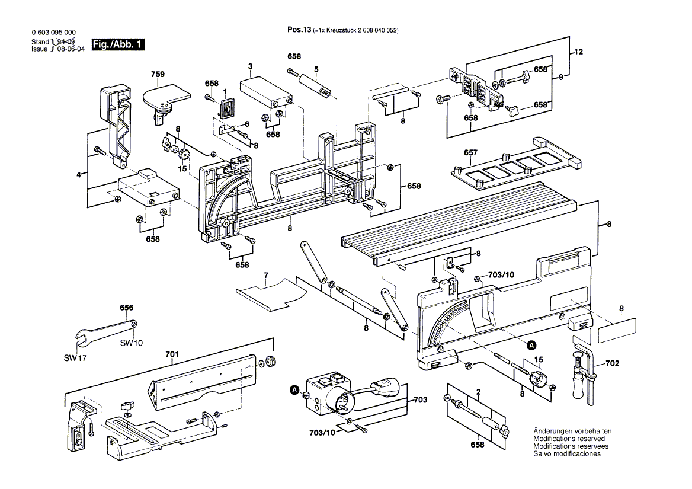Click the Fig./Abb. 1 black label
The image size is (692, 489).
coord(118,45)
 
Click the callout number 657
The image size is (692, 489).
coord(470,153)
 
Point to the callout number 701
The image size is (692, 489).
coord(172,354)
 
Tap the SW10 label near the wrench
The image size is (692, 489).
coord(131,343)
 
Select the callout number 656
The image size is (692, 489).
coord(126,308)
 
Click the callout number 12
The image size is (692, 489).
coord(578,52)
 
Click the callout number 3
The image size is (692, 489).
coord(251,66)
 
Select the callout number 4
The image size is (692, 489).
coord(78,174)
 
